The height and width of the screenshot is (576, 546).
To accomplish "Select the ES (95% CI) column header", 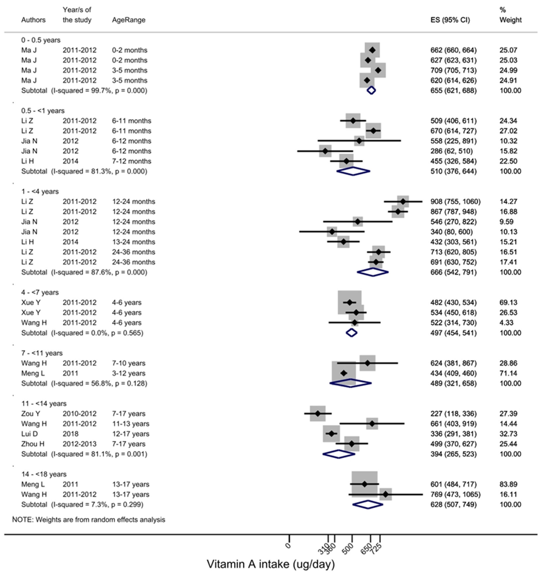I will (x=450, y=20).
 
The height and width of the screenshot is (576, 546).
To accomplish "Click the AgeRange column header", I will (x=129, y=20).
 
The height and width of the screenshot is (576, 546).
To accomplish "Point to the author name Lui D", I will (x=29, y=434).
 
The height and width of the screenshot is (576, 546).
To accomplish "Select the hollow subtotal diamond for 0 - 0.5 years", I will (x=371, y=91).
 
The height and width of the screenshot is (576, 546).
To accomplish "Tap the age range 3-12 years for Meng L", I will (x=129, y=373).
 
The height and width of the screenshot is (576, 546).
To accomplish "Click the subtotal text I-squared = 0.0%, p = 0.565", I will (x=97, y=333).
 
